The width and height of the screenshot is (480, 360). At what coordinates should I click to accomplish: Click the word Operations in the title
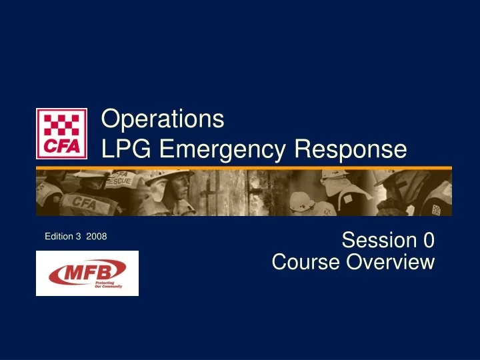tap(162, 119)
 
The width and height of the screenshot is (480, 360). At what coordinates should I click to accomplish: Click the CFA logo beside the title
tap(61, 133)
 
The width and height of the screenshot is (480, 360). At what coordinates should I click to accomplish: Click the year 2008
tap(97, 237)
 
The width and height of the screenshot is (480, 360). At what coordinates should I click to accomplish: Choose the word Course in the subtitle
tap(305, 262)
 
